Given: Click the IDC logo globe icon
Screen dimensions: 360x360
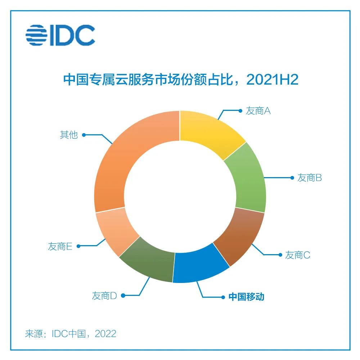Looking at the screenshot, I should tap(37, 35).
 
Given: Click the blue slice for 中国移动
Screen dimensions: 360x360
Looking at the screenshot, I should tap(199, 265).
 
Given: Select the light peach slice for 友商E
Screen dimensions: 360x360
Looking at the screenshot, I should tap(115, 231).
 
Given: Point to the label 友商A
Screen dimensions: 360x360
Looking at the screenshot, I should tap(258, 111).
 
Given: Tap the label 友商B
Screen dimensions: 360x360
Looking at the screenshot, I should tap(309, 178).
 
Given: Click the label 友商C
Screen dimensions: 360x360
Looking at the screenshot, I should tap(297, 255).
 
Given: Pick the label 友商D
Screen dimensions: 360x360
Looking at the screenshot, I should tap(104, 296).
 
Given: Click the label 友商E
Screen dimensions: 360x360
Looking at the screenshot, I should tap(60, 247).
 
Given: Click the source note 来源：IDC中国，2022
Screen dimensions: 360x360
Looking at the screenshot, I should tap(71, 333).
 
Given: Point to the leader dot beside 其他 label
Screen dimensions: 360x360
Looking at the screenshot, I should tap(84, 135).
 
